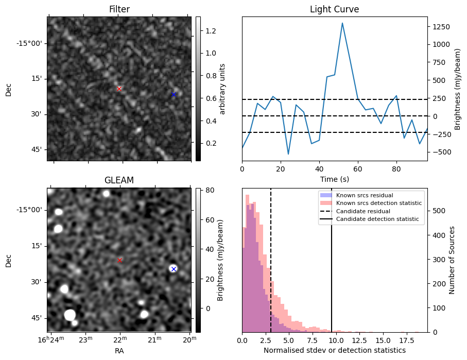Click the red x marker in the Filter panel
pyautogui.click(x=119, y=89)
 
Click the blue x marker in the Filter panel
pyautogui.click(x=174, y=94)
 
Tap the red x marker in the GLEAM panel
pyautogui.click(x=120, y=260)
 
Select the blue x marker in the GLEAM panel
pyautogui.click(x=174, y=269)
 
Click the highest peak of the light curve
pyautogui.click(x=342, y=23)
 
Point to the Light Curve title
pyautogui.click(x=334, y=9)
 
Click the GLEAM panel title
pyautogui.click(x=119, y=180)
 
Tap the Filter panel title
pyautogui.click(x=119, y=9)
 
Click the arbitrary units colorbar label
pyautogui.click(x=222, y=89)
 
